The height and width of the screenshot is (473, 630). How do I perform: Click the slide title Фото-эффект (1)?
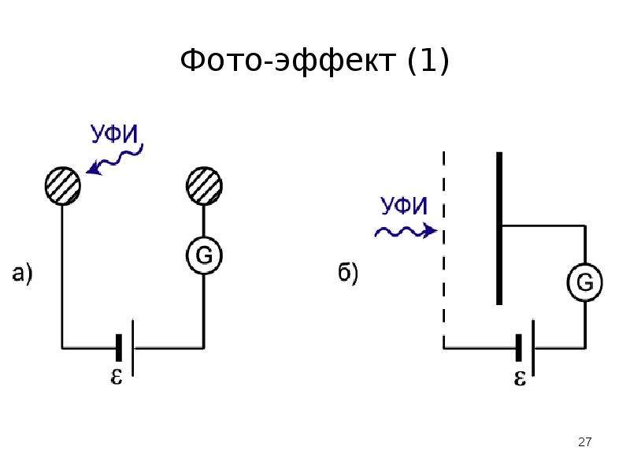[x=314, y=61]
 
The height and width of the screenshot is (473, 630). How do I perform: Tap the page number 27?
[x=585, y=442]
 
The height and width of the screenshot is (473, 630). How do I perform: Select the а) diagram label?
[x=23, y=274]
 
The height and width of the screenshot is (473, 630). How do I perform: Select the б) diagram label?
[x=348, y=274]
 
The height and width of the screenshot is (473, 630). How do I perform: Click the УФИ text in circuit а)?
[x=114, y=134]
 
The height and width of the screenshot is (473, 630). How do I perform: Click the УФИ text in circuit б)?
[x=404, y=206]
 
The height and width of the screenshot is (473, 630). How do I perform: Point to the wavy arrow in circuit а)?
[x=114, y=161]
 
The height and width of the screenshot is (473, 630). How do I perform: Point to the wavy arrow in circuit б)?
[x=406, y=232]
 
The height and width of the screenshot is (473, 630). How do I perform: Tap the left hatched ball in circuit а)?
[x=63, y=186]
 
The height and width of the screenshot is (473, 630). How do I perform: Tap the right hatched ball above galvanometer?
[x=204, y=186]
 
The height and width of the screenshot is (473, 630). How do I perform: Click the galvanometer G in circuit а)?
[x=204, y=255]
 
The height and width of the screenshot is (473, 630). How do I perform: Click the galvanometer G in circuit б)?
[x=585, y=282]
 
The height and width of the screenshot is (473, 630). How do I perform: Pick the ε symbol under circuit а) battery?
[x=116, y=377]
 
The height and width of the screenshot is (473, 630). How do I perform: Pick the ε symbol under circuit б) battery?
[x=520, y=378]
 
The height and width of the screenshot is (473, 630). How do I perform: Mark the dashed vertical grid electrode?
[x=444, y=249]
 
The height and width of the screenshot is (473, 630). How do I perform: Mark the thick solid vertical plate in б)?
[x=499, y=228]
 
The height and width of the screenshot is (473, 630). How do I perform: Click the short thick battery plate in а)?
[x=119, y=348]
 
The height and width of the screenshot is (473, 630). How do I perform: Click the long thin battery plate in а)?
[x=133, y=348]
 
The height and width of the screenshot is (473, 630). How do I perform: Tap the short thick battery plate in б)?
[x=519, y=348]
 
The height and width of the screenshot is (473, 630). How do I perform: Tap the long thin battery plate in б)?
[x=533, y=348]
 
